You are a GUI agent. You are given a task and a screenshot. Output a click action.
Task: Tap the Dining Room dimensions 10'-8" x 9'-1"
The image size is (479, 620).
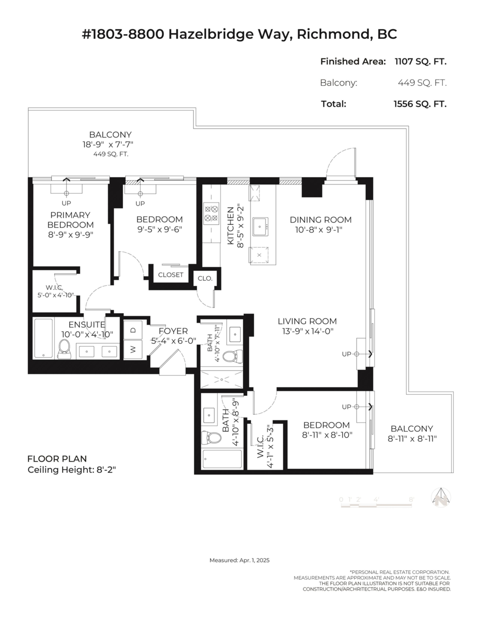pos(320,229)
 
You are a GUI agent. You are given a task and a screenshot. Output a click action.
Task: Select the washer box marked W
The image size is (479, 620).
pos(133,350)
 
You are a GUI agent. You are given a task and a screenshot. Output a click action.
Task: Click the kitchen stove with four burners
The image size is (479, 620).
pos(211,214)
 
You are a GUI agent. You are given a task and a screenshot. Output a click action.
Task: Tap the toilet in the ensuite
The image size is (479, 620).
pos(65,349)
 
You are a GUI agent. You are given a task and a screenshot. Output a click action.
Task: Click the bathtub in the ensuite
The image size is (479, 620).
pos(43,339)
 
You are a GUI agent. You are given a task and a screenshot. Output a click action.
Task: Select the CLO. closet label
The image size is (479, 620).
pos(205,278)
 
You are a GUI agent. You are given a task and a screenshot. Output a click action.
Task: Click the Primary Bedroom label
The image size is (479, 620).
pos(70,220)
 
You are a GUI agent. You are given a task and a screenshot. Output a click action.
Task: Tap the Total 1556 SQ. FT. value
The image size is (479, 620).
pos(420,103)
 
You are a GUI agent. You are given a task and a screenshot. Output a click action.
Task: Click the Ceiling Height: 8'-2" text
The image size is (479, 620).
pos(75,470)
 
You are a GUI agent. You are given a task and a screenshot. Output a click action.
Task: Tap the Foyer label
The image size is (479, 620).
pos(173,331)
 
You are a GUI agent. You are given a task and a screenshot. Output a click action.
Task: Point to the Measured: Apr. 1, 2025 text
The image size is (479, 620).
pos(239,560)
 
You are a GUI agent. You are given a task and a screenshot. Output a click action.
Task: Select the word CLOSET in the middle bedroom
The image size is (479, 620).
pos(171,275)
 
